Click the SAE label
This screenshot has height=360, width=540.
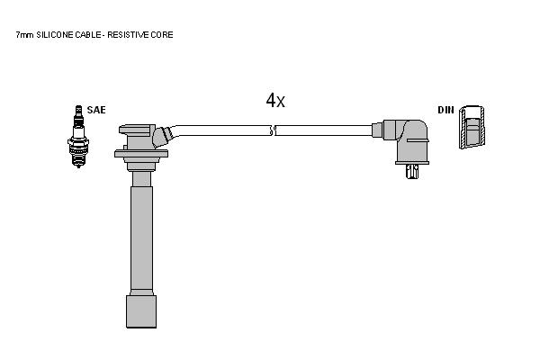pyautogui.click(x=96, y=110)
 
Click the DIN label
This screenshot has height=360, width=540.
pyautogui.click(x=445, y=110)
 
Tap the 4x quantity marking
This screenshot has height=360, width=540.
pyautogui.click(x=275, y=100)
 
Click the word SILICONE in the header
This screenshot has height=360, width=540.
pyautogui.click(x=55, y=35)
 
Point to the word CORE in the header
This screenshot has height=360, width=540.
pyautogui.click(x=162, y=35)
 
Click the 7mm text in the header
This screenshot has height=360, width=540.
pyautogui.click(x=25, y=35)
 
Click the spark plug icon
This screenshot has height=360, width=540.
pyautogui.click(x=78, y=137)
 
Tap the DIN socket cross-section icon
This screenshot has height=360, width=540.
pyautogui.click(x=472, y=127)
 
